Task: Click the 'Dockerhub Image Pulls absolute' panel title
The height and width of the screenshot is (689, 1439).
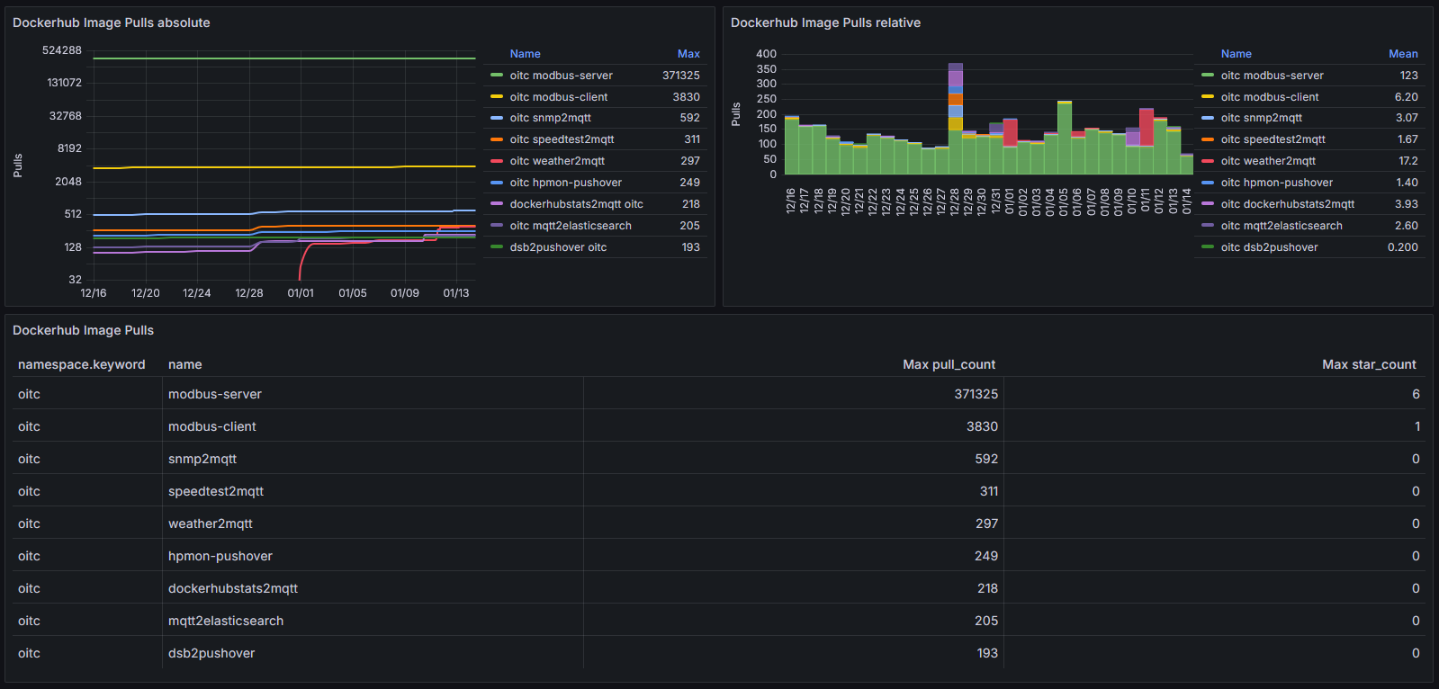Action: point(111,22)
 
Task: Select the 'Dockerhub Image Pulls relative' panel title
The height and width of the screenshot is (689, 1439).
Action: point(825,22)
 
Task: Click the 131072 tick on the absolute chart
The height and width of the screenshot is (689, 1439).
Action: point(64,83)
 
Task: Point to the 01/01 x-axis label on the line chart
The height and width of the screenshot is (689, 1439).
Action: point(301,293)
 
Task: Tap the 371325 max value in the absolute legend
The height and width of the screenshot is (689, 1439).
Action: point(681,76)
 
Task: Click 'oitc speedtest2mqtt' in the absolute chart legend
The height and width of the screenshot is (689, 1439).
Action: point(562,139)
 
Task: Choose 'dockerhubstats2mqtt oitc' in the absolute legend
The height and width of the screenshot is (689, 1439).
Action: point(576,204)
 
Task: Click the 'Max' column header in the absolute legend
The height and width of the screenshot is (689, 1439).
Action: point(688,54)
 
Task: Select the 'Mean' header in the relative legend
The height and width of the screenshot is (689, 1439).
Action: point(1403,54)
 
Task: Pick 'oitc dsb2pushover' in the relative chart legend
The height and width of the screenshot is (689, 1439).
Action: point(1270,247)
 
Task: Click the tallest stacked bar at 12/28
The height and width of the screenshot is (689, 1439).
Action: point(955,119)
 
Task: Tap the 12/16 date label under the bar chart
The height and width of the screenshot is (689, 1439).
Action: point(790,201)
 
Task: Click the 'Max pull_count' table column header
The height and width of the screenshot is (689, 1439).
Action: point(949,364)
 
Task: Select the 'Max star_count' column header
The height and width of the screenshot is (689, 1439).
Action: point(1369,364)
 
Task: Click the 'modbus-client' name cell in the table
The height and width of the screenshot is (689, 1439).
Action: point(212,426)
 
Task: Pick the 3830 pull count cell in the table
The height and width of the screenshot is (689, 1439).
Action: point(982,426)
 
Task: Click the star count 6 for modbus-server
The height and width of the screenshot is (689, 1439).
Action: point(1416,394)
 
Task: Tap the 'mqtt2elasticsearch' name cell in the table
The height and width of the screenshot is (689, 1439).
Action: point(226,621)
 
